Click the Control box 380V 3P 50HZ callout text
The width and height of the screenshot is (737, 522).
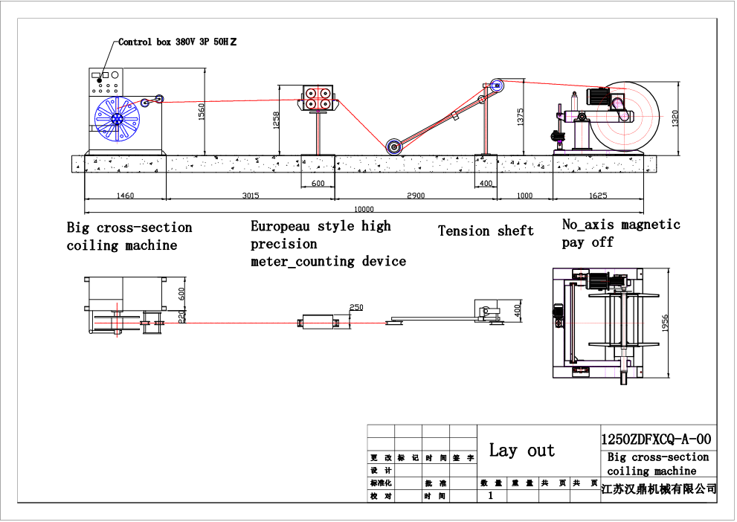(178, 42)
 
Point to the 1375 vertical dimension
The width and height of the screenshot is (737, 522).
(520, 116)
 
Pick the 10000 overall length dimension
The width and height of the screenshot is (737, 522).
(364, 209)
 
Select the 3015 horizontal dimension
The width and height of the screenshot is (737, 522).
(250, 196)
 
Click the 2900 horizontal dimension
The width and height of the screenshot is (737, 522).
(416, 196)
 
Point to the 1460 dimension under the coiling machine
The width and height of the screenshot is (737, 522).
(125, 196)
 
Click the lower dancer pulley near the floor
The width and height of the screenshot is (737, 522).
(394, 146)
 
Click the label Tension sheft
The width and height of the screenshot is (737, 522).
(486, 231)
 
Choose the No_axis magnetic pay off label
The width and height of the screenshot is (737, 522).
(620, 233)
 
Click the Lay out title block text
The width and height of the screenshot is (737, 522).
(521, 451)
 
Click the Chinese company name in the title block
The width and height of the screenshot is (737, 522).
(658, 489)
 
